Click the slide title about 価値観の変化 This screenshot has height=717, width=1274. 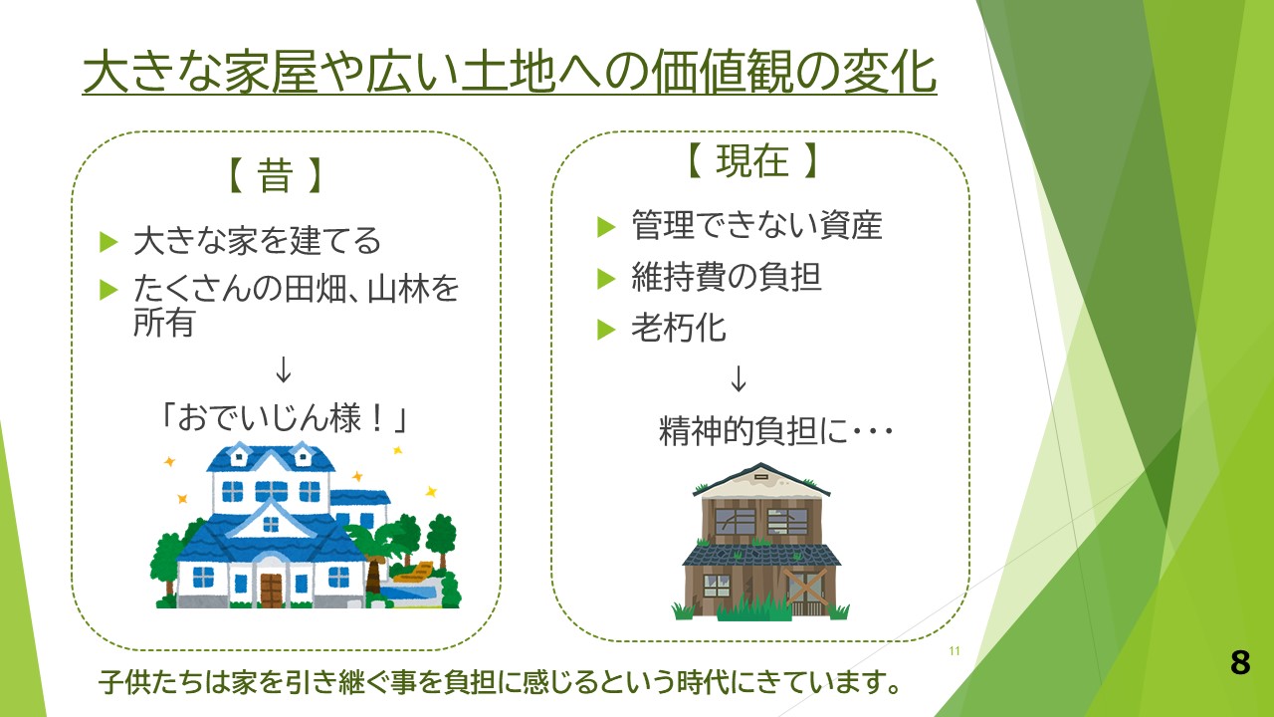pyautogui.click(x=510, y=73)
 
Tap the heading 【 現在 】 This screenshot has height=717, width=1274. pyautogui.click(x=751, y=160)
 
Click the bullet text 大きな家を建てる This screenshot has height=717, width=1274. pyautogui.click(x=257, y=240)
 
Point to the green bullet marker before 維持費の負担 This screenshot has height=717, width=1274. pyautogui.click(x=606, y=279)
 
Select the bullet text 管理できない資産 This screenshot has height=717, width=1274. pyautogui.click(x=757, y=225)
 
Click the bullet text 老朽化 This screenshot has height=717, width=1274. pyautogui.click(x=679, y=328)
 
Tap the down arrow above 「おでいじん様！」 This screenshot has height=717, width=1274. pyautogui.click(x=284, y=369)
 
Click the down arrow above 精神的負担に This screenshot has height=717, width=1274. pyautogui.click(x=739, y=378)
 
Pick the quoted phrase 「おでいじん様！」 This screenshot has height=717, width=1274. pyautogui.click(x=284, y=418)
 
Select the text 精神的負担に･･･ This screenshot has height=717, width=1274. pyautogui.click(x=775, y=431)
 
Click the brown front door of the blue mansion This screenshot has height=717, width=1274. pyautogui.click(x=272, y=591)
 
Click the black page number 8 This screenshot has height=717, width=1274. pyautogui.click(x=1240, y=662)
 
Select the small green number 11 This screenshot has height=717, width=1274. pyautogui.click(x=955, y=651)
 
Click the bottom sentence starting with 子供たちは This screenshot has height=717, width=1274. pyautogui.click(x=500, y=682)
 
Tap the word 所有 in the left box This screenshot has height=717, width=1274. pyautogui.click(x=164, y=323)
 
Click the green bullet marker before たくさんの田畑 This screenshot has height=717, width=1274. pyautogui.click(x=108, y=290)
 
